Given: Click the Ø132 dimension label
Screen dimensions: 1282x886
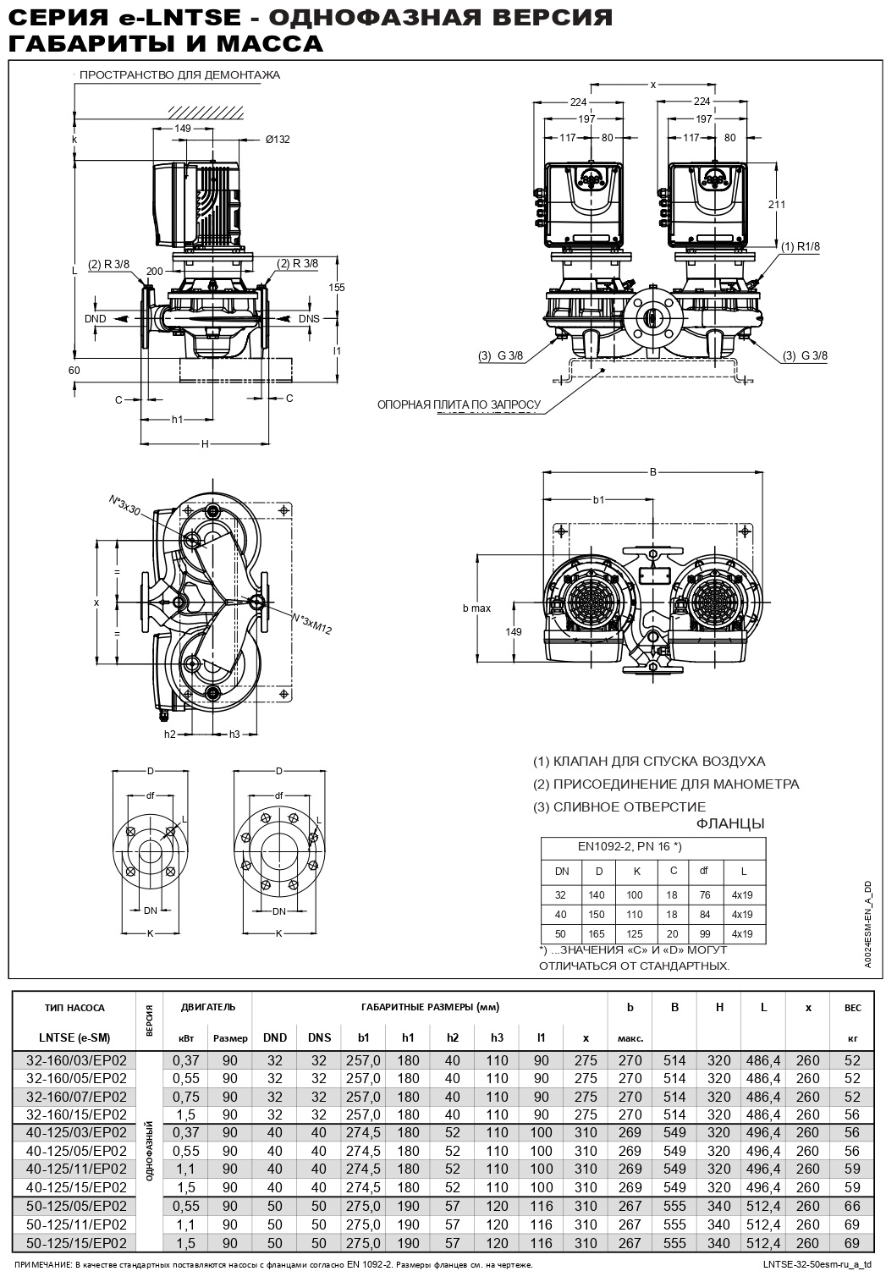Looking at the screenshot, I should pyautogui.click(x=276, y=140).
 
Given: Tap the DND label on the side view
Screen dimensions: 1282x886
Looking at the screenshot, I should pyautogui.click(x=96, y=319).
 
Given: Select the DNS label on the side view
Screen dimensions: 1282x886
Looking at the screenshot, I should pyautogui.click(x=310, y=319).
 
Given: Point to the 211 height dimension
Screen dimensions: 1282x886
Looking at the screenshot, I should pyautogui.click(x=777, y=204).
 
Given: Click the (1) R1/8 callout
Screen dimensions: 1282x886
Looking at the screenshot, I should pyautogui.click(x=800, y=246).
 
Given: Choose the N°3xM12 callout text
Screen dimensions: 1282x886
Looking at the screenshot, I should pyautogui.click(x=312, y=622).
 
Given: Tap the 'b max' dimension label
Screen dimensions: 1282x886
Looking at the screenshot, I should pyautogui.click(x=476, y=608).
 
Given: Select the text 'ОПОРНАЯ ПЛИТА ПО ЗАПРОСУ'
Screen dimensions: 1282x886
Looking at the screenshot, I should pyautogui.click(x=458, y=405).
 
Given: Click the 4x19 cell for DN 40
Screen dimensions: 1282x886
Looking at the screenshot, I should pyautogui.click(x=741, y=915).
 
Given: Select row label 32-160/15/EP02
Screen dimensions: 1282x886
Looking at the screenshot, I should pyautogui.click(x=76, y=1114).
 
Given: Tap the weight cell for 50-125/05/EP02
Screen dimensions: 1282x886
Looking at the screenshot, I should pyautogui.click(x=851, y=1206).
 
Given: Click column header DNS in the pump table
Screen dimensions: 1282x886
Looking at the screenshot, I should pyautogui.click(x=319, y=1037).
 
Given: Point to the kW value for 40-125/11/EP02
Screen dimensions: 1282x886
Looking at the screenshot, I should pyautogui.click(x=185, y=1169).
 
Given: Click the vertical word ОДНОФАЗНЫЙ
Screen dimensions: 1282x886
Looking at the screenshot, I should pyautogui.click(x=150, y=1151).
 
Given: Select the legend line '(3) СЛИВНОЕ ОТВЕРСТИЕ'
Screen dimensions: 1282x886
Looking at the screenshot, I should pyautogui.click(x=619, y=806).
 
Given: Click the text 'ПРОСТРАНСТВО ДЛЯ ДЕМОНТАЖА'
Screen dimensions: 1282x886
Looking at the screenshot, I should pyautogui.click(x=179, y=75).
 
